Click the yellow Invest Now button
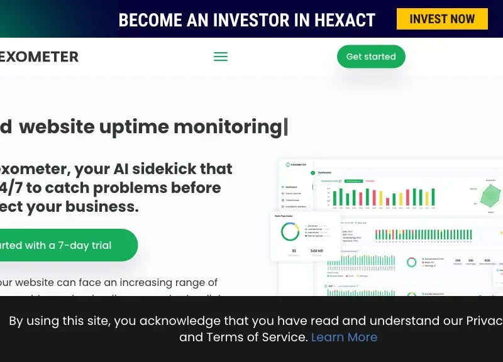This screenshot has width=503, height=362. (x=442, y=19)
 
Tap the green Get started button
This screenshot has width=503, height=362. (x=371, y=57)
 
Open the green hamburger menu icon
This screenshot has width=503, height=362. (x=221, y=57)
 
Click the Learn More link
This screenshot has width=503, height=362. (x=344, y=337)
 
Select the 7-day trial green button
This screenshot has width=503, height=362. (x=63, y=245)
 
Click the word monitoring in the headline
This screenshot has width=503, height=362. (x=228, y=126)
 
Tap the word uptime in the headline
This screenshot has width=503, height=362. (x=135, y=126)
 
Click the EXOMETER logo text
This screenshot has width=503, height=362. (x=39, y=57)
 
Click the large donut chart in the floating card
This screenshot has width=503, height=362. (x=290, y=231)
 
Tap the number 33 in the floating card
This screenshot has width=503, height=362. (x=294, y=251)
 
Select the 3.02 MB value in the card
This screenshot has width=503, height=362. (x=317, y=251)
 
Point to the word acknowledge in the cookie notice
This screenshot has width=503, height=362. (x=181, y=321)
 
